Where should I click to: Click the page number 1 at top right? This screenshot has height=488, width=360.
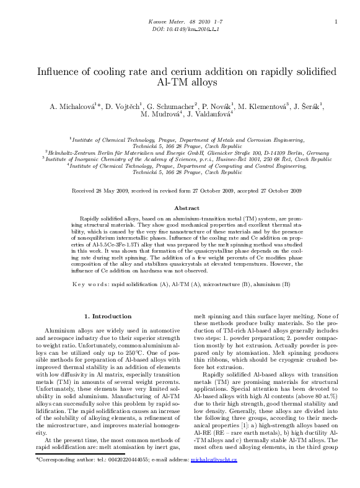coord(335,22)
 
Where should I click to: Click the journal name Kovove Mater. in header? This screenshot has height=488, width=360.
coord(163,22)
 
